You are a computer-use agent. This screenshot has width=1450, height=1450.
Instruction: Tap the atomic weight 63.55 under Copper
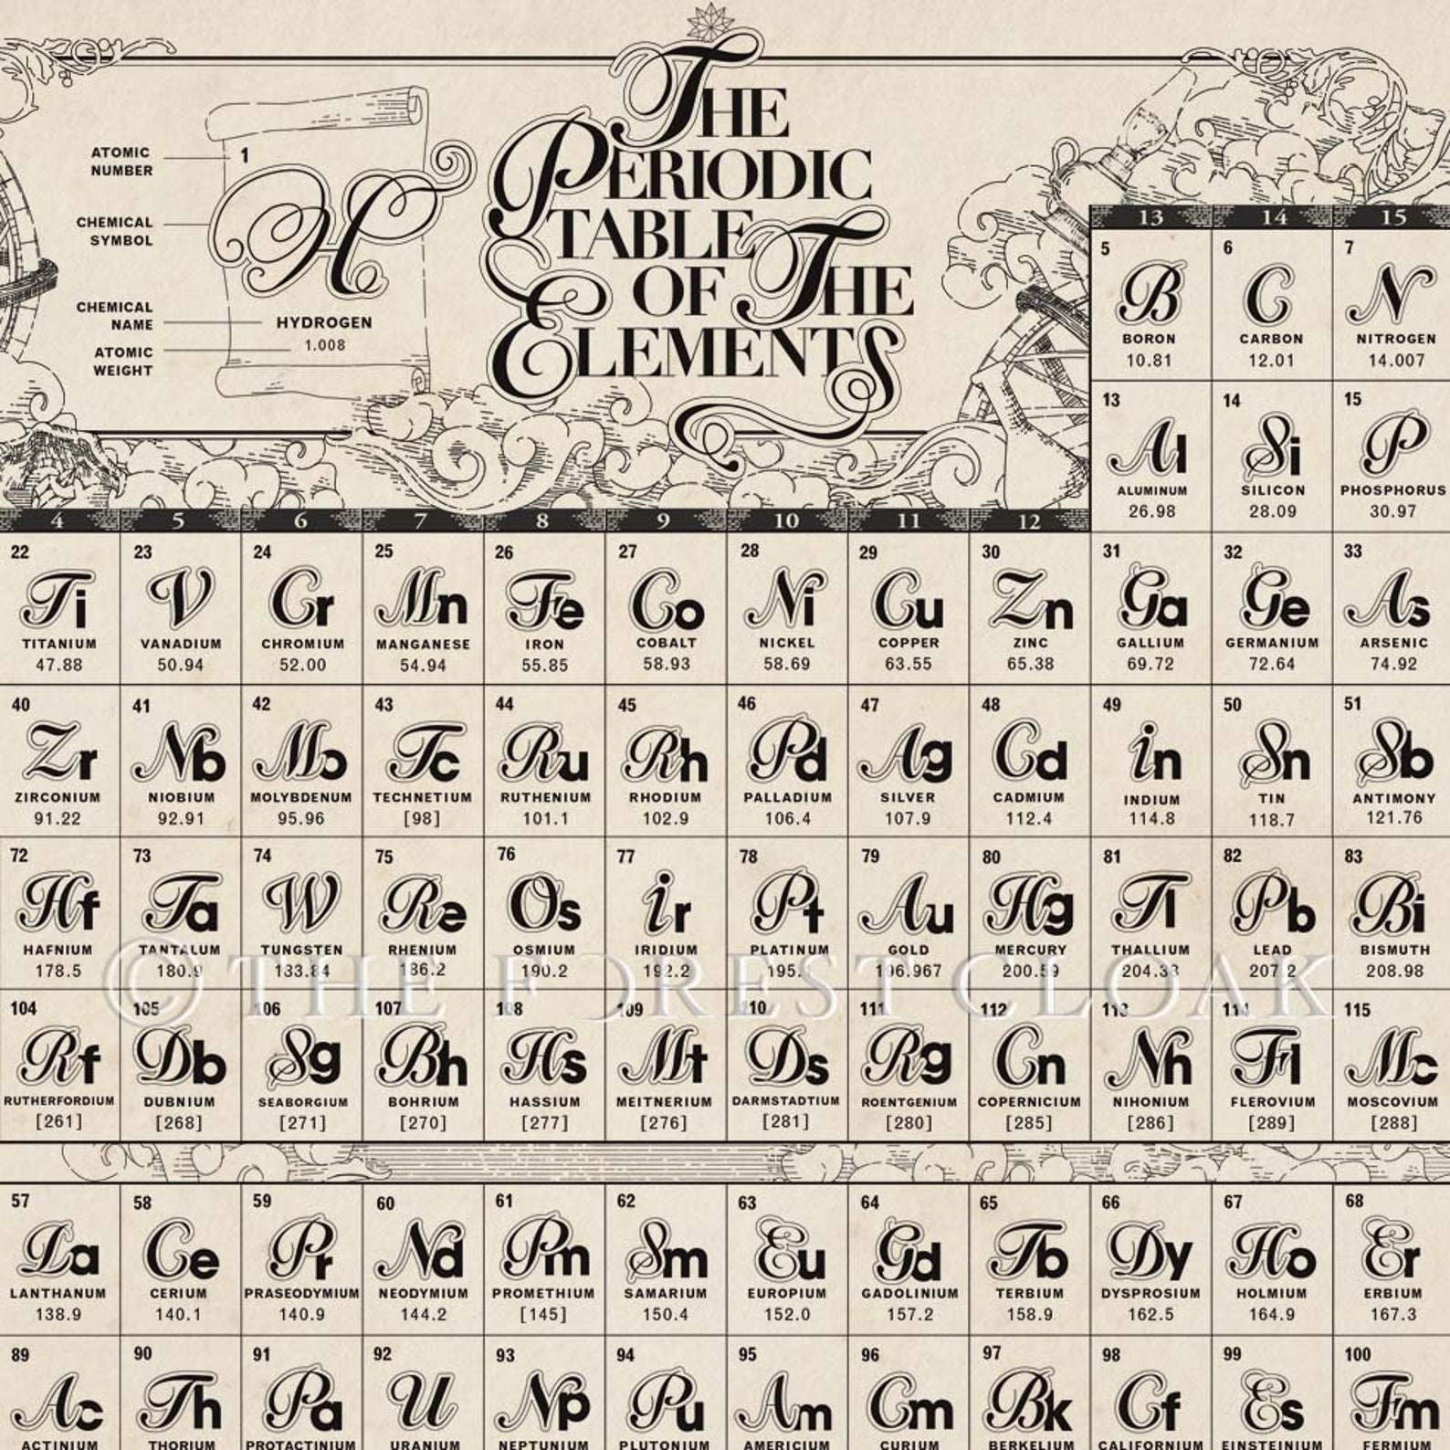click(909, 664)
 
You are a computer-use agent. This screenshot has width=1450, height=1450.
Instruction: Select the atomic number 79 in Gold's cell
click(870, 856)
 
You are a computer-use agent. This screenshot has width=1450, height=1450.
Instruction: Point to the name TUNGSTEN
click(301, 950)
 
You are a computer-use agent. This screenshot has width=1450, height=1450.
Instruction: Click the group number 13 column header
click(1151, 217)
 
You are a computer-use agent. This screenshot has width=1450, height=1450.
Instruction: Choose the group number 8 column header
click(542, 520)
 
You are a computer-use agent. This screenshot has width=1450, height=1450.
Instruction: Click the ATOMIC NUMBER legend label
click(121, 162)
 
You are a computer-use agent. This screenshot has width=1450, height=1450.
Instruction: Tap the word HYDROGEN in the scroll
click(324, 322)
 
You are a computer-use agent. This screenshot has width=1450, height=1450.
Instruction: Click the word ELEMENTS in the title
click(694, 352)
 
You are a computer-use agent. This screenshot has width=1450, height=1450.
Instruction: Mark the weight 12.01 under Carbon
click(1271, 360)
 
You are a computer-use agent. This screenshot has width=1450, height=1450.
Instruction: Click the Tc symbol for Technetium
click(422, 756)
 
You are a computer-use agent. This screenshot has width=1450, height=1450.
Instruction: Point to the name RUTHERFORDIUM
click(59, 1101)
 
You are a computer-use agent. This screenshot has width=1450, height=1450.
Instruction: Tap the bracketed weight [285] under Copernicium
click(1029, 1122)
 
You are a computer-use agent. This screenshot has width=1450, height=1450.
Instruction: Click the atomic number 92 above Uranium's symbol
click(383, 1354)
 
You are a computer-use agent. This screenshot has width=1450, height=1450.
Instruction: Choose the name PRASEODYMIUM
click(301, 1293)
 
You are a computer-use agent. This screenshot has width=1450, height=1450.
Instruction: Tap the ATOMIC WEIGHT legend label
click(122, 361)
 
